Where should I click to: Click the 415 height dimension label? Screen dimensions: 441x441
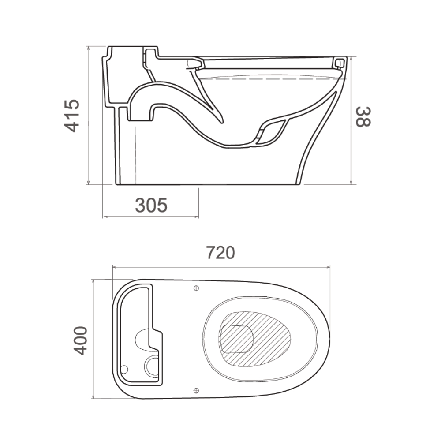pos(72,116)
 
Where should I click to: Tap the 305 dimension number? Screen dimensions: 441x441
pos(151,205)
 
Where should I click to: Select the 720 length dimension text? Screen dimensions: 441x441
pos(220,253)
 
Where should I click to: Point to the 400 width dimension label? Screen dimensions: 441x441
pos(80,340)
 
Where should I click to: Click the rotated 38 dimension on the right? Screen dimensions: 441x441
pos(363,117)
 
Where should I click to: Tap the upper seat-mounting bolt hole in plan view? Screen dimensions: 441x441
pos(196,288)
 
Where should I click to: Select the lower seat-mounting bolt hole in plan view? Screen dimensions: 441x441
pos(196,390)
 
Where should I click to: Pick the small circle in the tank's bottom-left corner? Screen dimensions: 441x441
pos(124,369)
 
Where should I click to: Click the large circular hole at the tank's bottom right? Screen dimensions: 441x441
pos(152,366)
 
